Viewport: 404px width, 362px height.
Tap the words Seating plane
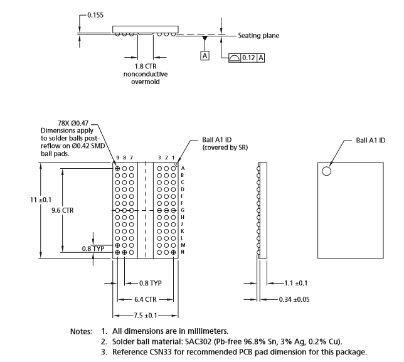tap(258, 36)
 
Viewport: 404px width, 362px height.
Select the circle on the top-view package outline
tap(327, 171)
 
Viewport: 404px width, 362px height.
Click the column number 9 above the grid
tap(117, 157)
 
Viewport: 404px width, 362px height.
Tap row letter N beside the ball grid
tap(182, 252)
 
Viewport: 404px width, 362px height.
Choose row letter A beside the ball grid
tap(182, 168)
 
